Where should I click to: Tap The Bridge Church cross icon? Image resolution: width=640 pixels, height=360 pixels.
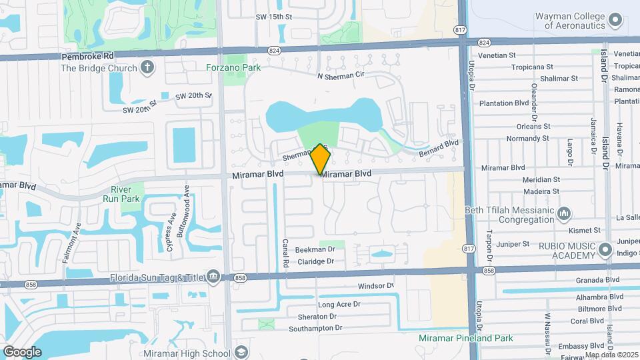click(147, 67)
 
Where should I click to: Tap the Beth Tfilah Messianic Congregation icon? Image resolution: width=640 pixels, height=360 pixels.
click(564, 213)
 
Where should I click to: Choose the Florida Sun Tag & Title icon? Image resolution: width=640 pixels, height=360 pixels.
click(213, 276)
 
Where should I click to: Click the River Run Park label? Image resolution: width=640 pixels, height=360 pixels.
click(121, 193)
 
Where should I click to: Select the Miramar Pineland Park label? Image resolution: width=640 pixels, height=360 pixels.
click(466, 338)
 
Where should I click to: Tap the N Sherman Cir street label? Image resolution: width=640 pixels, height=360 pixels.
click(341, 75)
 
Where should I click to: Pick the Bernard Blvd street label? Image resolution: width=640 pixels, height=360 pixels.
click(439, 148)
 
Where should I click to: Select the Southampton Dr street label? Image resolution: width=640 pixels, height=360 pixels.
click(315, 328)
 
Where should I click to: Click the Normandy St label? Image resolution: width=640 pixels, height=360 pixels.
click(527, 139)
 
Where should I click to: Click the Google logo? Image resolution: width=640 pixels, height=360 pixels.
click(23, 352)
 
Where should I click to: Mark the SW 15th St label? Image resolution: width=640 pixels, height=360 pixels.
click(275, 16)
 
